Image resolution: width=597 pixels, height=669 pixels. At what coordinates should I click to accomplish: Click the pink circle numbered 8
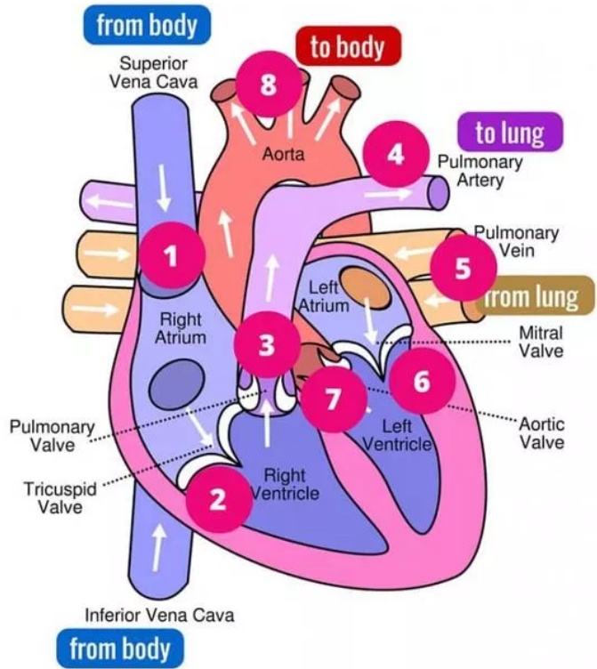pos(269,85)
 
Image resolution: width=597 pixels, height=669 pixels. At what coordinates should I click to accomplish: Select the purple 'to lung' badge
pos(511,133)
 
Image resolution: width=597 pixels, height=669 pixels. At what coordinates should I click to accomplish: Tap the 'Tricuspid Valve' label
pos(60,497)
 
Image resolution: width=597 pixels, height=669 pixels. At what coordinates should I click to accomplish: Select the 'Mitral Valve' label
pos(541,342)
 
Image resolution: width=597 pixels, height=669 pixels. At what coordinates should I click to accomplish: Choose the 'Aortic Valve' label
pos(541,431)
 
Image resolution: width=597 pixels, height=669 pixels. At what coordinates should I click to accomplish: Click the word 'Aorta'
pos(283,154)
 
